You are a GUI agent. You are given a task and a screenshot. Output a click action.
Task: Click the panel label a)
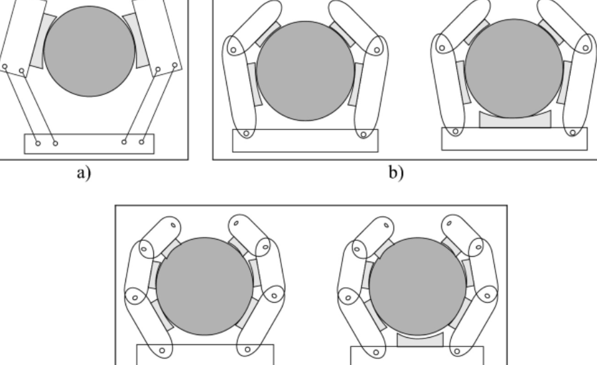coord(84,173)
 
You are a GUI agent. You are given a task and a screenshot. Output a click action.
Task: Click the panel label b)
coord(397,173)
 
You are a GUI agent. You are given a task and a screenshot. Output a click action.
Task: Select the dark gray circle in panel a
coord(90,51)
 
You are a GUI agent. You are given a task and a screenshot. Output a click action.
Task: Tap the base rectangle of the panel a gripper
coord(90,143)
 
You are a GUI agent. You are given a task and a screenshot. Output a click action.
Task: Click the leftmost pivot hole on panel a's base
coord(38,143)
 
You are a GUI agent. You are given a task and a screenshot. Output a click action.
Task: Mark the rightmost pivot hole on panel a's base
coord(142,142)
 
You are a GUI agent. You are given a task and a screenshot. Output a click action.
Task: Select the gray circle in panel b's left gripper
coord(305,71)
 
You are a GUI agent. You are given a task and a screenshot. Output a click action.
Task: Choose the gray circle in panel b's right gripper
coord(514,68)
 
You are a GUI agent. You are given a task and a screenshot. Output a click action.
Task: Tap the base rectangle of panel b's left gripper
coord(305,141)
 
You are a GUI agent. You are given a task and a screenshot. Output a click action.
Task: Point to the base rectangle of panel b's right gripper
coord(514,139)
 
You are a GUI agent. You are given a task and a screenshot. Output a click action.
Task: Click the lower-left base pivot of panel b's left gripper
coord(246,133)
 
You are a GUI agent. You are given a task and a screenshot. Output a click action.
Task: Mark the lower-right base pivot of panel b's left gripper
coord(364,135)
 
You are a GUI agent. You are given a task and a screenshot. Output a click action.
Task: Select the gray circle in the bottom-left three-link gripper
coord(205,286)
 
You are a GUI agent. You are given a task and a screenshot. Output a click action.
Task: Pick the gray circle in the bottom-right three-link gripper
coord(418,287)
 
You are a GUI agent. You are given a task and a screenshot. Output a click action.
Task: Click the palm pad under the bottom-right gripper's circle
coord(421,340)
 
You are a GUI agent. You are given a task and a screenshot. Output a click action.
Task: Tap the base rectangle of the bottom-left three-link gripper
coord(205,354)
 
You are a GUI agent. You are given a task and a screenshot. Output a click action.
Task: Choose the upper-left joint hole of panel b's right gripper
coord(442,48)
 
